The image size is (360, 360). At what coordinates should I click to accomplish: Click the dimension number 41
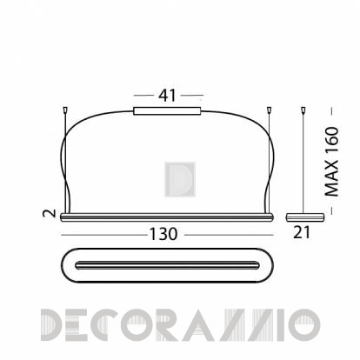tap(167, 96)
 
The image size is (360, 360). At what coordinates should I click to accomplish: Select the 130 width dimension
tap(163, 234)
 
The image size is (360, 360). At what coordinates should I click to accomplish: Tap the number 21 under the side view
tap(302, 232)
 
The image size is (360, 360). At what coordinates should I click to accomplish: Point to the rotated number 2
tap(50, 213)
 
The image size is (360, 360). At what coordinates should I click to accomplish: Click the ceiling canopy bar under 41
tap(167, 111)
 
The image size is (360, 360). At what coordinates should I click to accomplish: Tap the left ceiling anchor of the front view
tap(65, 110)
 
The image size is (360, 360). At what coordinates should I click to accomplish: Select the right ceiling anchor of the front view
tap(269, 110)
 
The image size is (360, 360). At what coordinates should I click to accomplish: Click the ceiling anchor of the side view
tap(303, 110)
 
